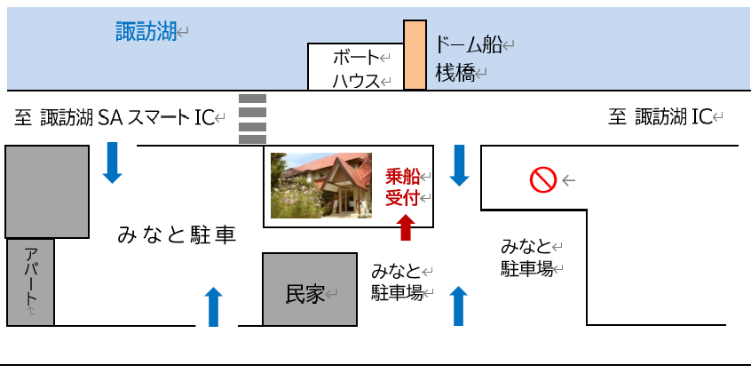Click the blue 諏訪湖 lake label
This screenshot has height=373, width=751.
click(146, 32)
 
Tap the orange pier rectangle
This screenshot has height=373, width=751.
click(415, 55)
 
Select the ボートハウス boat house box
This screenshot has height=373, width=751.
click(355, 67)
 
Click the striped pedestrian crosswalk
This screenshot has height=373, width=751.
click(252, 119)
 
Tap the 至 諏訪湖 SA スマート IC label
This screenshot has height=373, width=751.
click(114, 117)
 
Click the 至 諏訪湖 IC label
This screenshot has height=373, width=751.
click(660, 117)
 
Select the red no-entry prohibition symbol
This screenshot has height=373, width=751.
click(543, 180)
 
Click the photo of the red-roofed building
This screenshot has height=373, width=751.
click(320, 186)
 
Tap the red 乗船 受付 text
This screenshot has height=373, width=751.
click(403, 187)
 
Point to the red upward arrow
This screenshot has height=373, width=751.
click(407, 227)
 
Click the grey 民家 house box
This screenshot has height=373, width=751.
click(310, 290)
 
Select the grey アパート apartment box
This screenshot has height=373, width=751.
click(30, 282)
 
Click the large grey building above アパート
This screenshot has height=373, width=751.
click(47, 192)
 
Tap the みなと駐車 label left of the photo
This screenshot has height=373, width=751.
click(177, 236)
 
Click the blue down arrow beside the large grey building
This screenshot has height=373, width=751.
click(112, 163)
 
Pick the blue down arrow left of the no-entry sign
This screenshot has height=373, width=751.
click(459, 165)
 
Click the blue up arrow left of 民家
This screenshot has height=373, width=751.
click(214, 307)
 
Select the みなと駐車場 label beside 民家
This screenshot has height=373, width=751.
click(397, 282)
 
